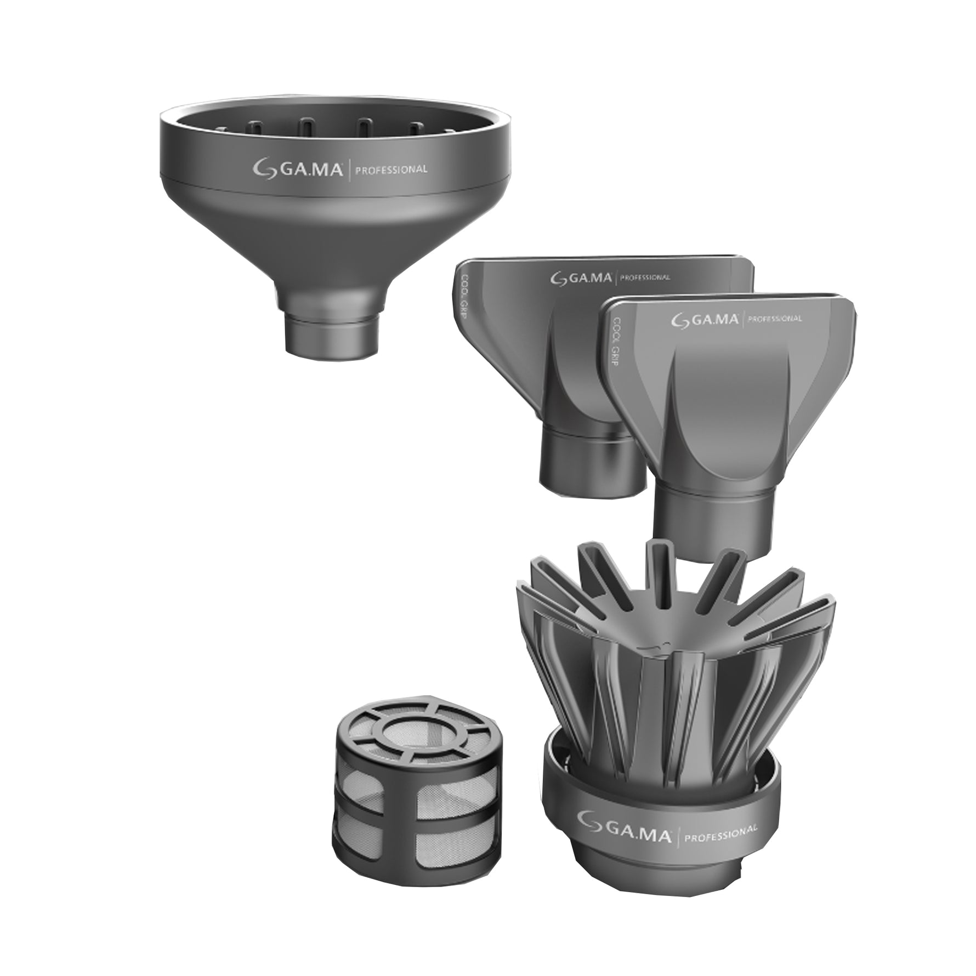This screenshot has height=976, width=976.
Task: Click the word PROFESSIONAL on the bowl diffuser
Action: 391,169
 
